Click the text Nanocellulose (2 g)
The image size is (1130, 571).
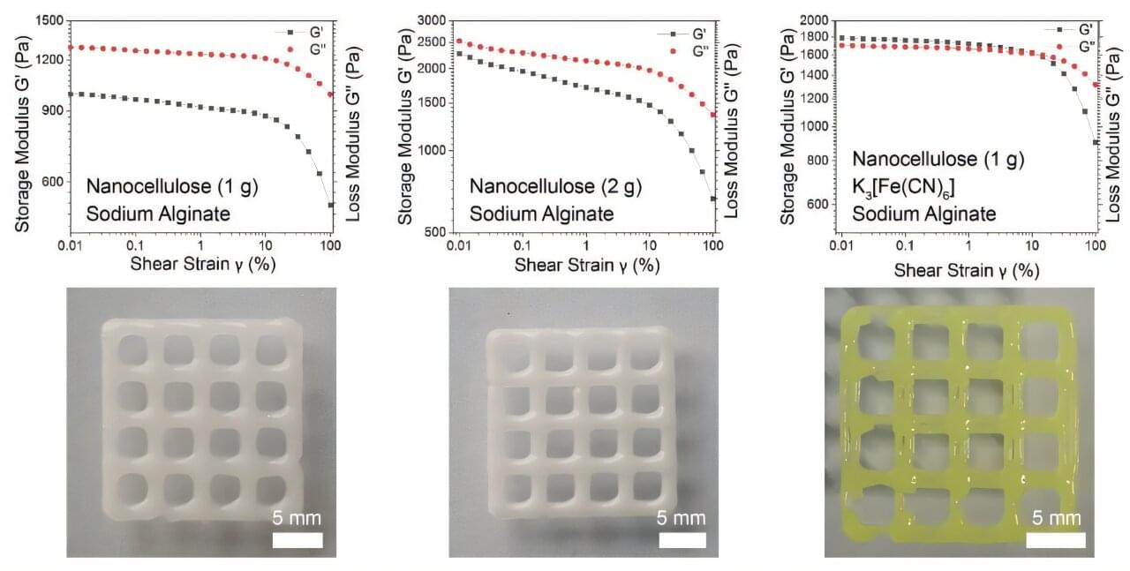(x=555, y=186)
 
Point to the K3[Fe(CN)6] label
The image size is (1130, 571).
(x=910, y=186)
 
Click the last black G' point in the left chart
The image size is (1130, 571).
(x=331, y=206)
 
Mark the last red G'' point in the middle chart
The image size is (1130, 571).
(x=712, y=116)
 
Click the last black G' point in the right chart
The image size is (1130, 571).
(x=1096, y=142)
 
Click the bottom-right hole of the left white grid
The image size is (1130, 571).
(x=271, y=489)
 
